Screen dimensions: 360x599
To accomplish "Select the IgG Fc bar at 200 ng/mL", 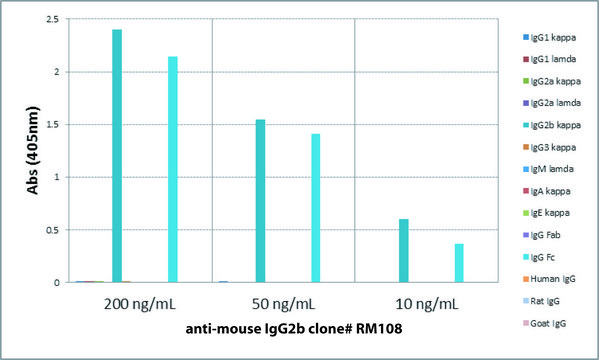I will (173, 169).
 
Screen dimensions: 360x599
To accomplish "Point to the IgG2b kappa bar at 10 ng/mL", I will (403, 251).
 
